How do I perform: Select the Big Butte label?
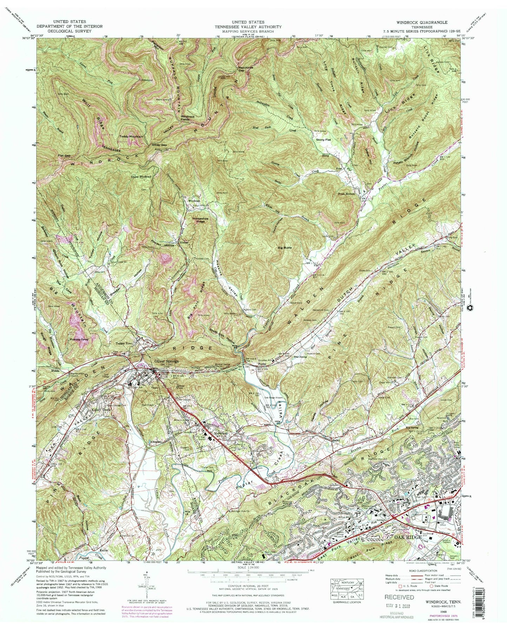pos(285,247)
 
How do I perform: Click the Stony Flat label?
pos(321,139)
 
